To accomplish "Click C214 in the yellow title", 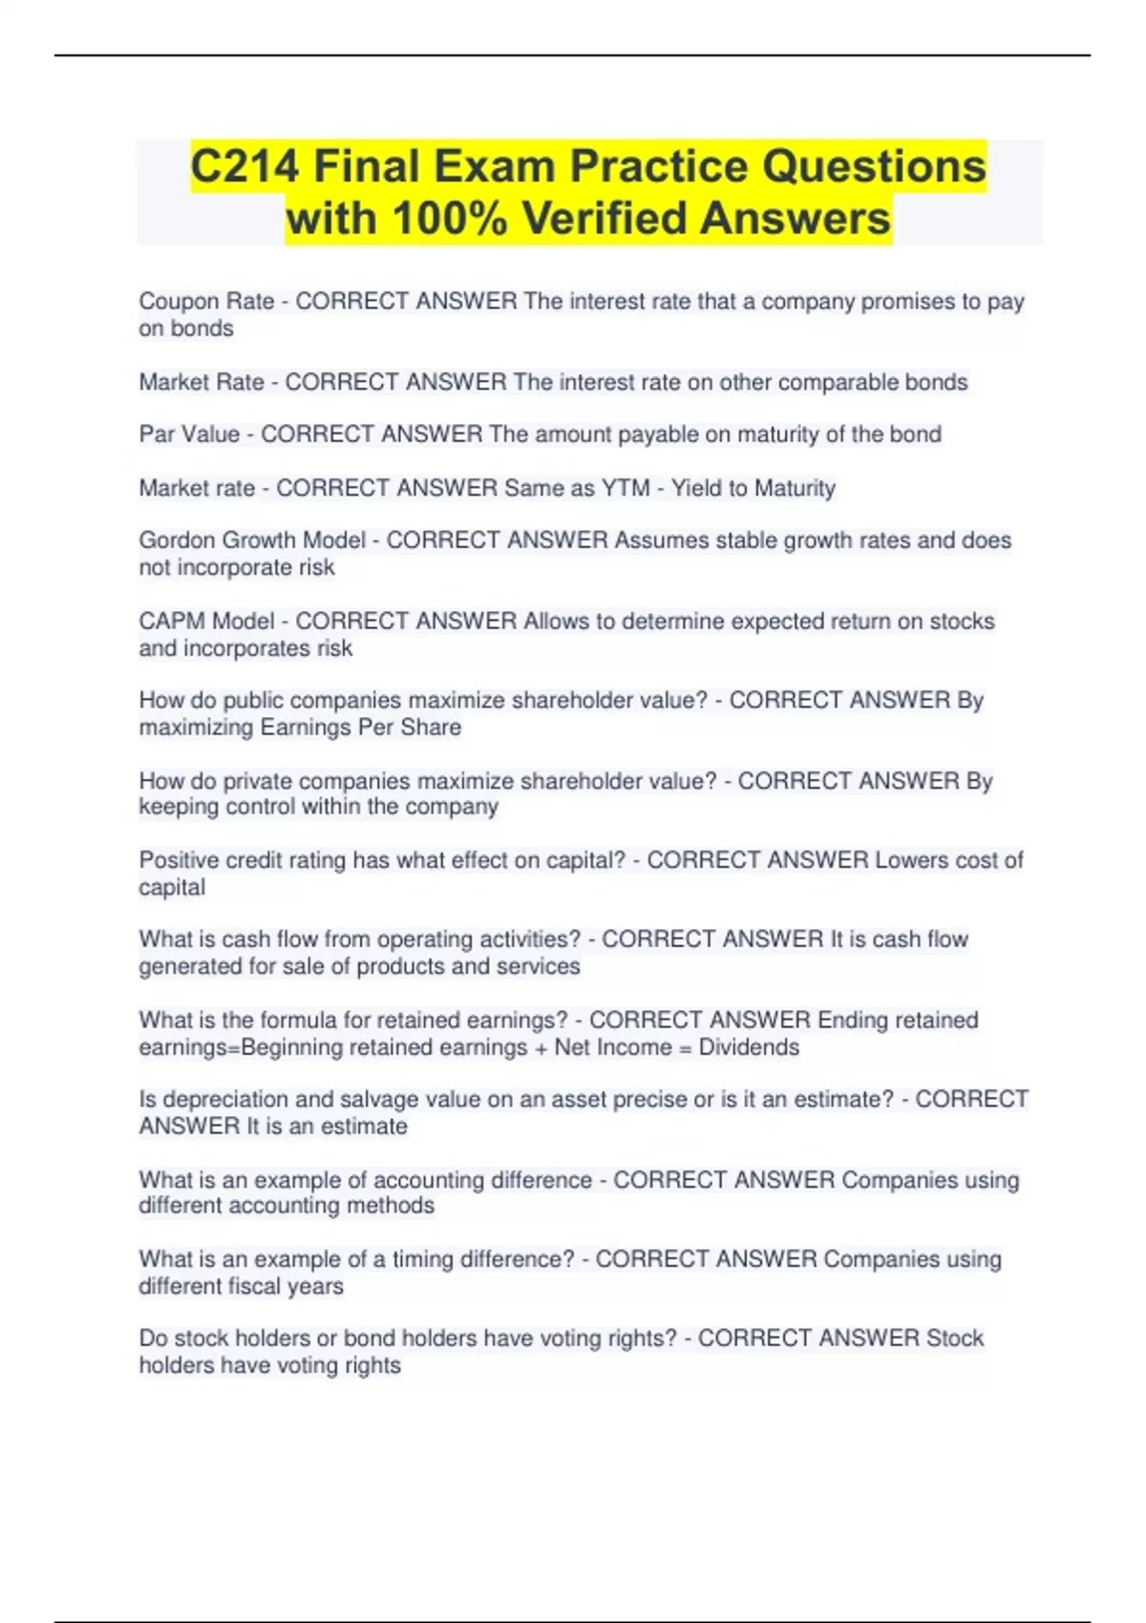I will (x=244, y=166).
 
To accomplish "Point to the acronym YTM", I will (x=626, y=489).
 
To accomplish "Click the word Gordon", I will (x=178, y=540).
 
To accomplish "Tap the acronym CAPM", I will (x=172, y=622).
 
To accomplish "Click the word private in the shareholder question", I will (x=258, y=781).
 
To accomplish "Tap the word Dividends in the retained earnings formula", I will (x=749, y=1047).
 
